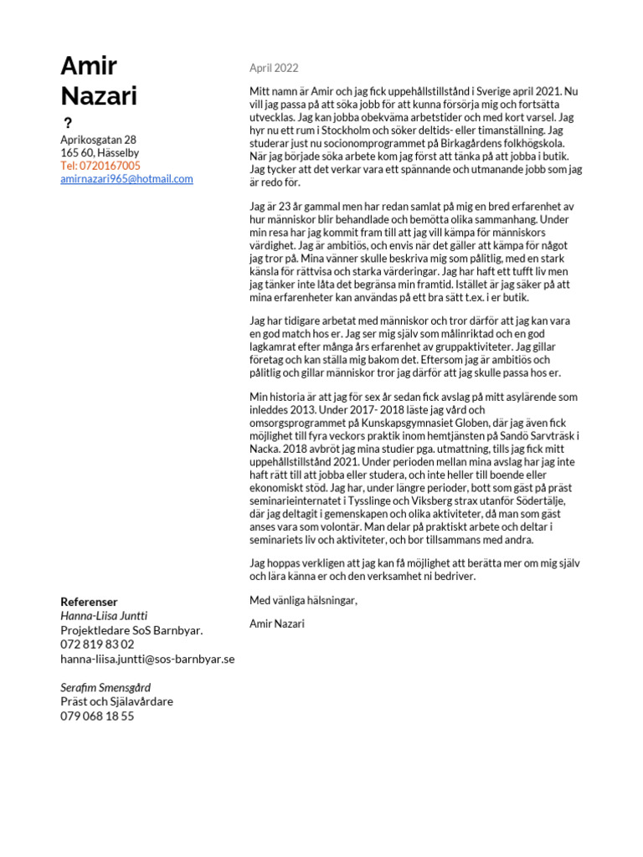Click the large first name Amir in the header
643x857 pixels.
point(89,66)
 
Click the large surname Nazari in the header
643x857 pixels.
point(99,95)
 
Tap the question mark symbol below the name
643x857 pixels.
point(68,124)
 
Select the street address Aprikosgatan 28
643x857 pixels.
point(98,140)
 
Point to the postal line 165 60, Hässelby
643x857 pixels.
point(100,153)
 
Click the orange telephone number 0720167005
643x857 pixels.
point(100,166)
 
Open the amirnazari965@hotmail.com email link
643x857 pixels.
point(126,179)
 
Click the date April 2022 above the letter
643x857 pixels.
point(274,68)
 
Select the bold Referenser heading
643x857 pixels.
point(89,602)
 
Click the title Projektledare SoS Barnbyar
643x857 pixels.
point(131,630)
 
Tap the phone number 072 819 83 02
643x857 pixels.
point(97,644)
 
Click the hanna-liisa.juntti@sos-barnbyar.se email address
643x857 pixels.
point(147,659)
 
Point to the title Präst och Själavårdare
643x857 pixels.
point(116,701)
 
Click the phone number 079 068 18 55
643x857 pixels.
point(97,716)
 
